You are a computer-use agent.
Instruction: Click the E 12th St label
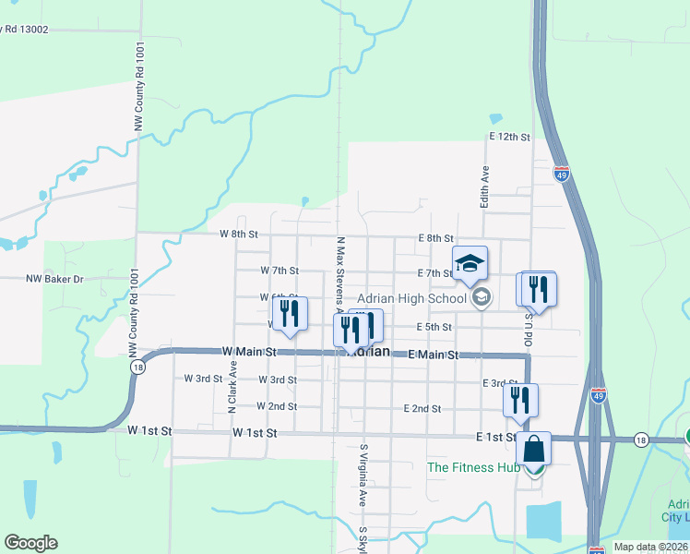pos(509,137)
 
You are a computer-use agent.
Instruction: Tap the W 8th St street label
pos(238,235)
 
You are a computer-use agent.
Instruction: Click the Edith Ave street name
pos(482,187)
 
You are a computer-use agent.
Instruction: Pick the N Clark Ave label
pos(232,386)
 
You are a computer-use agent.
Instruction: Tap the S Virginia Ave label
pos(363,476)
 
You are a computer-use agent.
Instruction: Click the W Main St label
pos(249,352)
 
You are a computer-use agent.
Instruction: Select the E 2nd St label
pos(422,408)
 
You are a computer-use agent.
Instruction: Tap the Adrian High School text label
pos(412,298)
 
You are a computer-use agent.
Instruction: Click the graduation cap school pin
pos(470,262)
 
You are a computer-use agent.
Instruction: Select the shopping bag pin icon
pos(533,449)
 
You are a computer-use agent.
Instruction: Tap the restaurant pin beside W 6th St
pos(290,313)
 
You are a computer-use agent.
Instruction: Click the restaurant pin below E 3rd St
pos(520,399)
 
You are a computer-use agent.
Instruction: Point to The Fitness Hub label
pos(473,467)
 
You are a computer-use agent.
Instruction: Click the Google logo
pos(30,543)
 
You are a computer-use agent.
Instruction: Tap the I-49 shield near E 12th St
pos(562,173)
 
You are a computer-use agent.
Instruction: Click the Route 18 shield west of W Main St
pos(137,367)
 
